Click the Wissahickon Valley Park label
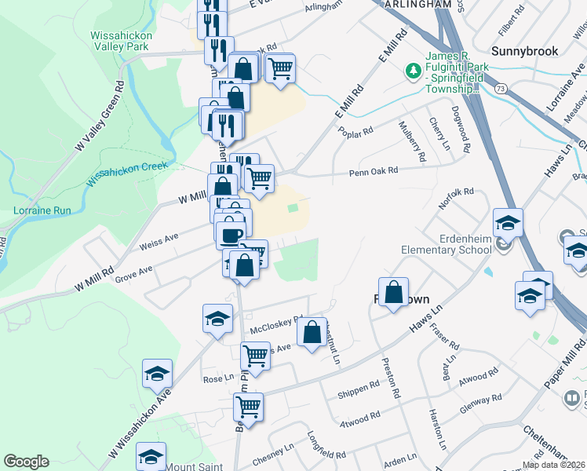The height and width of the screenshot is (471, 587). pos(119,41)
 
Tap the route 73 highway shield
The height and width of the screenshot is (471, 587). pos(501,89)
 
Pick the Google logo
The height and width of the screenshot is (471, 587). pos(26,462)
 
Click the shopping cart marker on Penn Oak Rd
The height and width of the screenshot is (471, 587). pos(259,179)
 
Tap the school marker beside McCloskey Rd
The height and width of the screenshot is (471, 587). pos(217,319)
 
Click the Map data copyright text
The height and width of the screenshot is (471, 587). pos(554,465)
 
